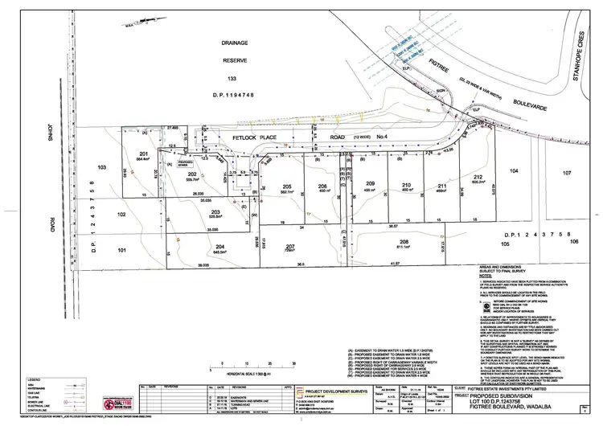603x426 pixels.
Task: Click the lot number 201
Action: tap(144, 154)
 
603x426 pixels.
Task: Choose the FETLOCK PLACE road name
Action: tap(253, 138)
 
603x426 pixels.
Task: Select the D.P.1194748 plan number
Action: tap(234, 93)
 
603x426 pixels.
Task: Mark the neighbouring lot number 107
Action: tap(566, 172)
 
